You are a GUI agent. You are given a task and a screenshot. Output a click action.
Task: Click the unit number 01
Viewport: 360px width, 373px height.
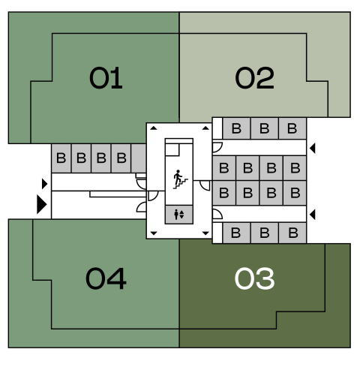tap(106, 78)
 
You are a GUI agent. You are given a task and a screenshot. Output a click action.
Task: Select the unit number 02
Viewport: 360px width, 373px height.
tap(255, 78)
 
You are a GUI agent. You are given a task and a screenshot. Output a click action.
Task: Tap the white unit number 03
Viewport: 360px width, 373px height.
tap(254, 278)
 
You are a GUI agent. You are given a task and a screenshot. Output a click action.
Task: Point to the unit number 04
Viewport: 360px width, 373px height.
tap(106, 278)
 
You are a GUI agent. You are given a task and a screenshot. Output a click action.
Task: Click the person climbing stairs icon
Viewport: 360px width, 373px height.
tap(180, 179)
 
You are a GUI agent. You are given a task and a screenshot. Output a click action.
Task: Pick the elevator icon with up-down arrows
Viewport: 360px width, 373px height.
tap(179, 215)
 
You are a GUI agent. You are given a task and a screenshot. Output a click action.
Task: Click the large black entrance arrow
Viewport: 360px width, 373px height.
tap(42, 204)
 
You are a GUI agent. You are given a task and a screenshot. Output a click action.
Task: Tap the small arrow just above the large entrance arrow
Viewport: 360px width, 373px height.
tap(45, 184)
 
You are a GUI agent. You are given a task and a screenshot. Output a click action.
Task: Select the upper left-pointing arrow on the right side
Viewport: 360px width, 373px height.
tap(313, 148)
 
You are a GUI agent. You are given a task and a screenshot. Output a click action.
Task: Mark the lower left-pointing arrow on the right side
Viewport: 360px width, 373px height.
tap(313, 215)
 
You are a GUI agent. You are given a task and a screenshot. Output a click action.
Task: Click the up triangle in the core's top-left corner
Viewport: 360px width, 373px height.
tap(154, 128)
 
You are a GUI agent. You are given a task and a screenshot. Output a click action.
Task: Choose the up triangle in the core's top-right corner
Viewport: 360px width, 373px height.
tap(205, 128)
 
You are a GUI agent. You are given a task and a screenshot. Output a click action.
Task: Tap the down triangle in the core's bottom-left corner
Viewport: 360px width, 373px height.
tap(154, 233)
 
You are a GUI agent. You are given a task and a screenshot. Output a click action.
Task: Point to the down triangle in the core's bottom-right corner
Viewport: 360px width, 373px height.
tap(205, 233)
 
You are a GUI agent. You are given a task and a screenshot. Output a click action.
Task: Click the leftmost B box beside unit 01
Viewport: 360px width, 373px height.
tap(61, 158)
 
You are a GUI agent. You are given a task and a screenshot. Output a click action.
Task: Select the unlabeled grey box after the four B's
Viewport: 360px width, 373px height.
tap(139, 158)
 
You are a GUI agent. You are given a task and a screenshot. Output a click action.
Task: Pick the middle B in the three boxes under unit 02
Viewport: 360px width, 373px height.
tap(265, 128)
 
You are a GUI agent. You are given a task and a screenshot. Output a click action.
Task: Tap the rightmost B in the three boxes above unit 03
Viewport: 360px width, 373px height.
tap(292, 233)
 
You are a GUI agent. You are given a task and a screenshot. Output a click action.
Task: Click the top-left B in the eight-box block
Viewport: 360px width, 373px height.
tap(224, 168)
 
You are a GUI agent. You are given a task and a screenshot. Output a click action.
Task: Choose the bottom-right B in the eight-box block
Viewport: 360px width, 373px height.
tap(295, 193)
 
